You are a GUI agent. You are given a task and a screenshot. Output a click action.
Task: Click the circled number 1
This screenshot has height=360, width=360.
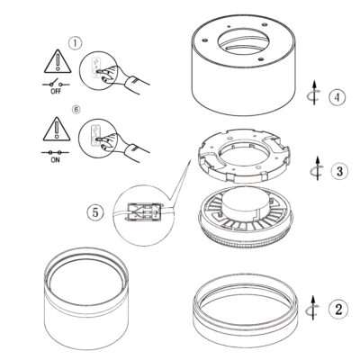[x=75, y=43]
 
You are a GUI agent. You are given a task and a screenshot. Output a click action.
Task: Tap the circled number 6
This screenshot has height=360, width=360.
[x=76, y=110]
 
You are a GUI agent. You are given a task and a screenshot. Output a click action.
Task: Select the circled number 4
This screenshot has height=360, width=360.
[x=337, y=97]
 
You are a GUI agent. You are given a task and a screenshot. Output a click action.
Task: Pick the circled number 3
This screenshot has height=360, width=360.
[x=339, y=171]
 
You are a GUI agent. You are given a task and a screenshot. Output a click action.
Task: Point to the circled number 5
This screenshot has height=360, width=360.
[x=95, y=212]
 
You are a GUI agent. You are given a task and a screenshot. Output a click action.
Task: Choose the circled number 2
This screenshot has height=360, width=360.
[x=338, y=310]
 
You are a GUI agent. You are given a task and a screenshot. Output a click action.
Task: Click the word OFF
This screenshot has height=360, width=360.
[x=56, y=91]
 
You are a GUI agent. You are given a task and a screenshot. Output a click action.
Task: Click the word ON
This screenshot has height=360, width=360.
[x=55, y=160]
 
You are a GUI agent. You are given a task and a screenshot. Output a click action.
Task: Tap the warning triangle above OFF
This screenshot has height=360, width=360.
[x=58, y=61]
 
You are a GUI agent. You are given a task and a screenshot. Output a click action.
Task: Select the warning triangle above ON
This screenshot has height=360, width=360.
[x=57, y=129]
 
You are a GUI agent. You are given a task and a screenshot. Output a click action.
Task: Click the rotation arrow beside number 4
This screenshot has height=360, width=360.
[x=315, y=93]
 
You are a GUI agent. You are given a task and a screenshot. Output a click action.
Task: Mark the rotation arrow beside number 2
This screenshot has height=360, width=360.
[x=312, y=308]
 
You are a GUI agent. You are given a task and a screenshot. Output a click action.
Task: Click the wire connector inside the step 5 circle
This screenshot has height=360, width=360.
[x=143, y=212]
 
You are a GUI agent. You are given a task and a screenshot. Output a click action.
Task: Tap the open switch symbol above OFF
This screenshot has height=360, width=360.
[x=56, y=83]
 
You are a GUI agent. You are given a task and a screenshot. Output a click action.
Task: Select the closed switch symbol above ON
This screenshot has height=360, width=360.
[x=55, y=152]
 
